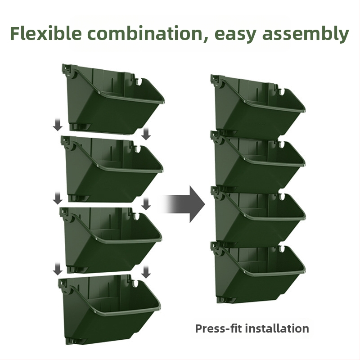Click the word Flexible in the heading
(46, 33)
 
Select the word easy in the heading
(235, 36)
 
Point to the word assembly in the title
(306, 34)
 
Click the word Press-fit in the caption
(218, 328)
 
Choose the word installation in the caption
(277, 328)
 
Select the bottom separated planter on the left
(109, 310)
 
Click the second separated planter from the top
(112, 169)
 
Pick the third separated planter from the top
(110, 240)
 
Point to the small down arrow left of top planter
(58, 125)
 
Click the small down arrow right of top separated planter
(146, 134)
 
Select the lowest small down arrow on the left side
(58, 269)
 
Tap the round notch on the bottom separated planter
(136, 283)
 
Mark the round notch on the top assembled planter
(282, 92)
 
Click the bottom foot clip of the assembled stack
(227, 300)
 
